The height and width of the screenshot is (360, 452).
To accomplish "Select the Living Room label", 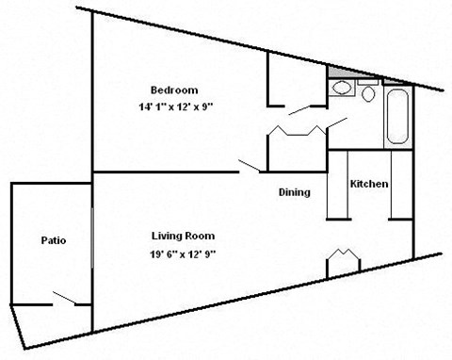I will pyautogui.click(x=184, y=235).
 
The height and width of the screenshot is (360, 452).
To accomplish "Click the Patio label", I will pyautogui.click(x=53, y=239).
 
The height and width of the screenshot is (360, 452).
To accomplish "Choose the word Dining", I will pyautogui.click(x=294, y=192).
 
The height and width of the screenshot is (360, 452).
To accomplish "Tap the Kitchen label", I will pyautogui.click(x=368, y=184).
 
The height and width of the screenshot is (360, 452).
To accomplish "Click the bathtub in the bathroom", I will pyautogui.click(x=396, y=117).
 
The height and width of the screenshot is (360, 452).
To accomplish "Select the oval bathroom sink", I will pyautogui.click(x=342, y=90).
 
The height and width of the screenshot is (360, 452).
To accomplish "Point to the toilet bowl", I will pyautogui.click(x=367, y=94).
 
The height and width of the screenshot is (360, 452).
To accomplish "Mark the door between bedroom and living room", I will pyautogui.click(x=250, y=167).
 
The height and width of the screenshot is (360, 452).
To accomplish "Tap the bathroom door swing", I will pyautogui.click(x=336, y=123).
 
